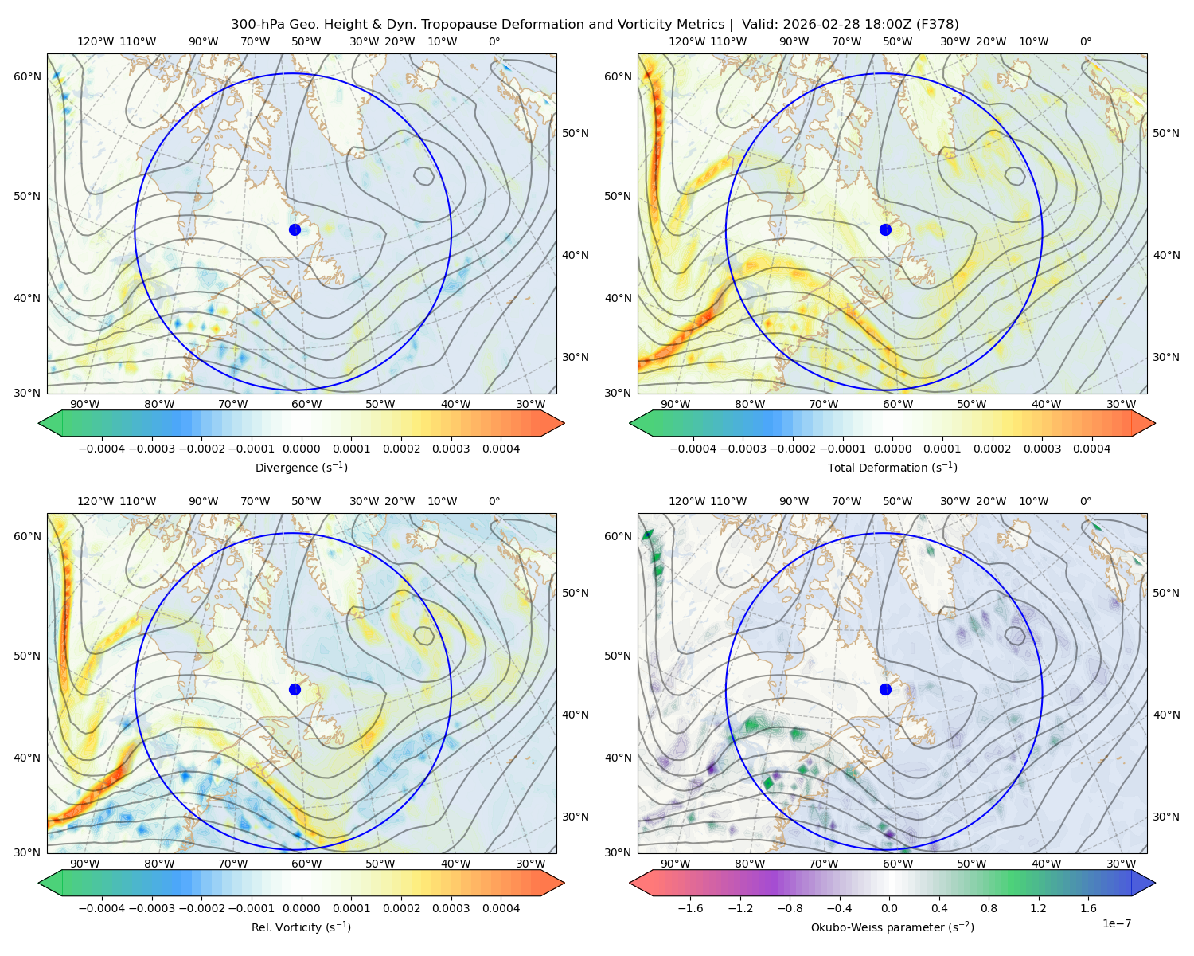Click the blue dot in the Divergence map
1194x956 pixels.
pos(295,230)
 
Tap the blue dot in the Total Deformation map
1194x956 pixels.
pos(885,230)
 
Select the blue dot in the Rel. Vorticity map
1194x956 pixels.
pos(295,689)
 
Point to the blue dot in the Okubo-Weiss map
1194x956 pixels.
pos(885,689)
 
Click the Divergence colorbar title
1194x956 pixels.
pos(301,468)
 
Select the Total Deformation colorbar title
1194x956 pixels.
pos(892,468)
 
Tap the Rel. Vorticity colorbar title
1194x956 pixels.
pos(301,927)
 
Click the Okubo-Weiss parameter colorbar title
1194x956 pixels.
pos(892,927)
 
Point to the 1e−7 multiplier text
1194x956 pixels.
pos(1116,923)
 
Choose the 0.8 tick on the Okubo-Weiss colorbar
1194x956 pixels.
pos(989,908)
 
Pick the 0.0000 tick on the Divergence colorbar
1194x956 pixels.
pos(301,449)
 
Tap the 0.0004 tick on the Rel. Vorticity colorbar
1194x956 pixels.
pos(501,908)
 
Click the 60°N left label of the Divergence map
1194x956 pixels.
pos(27,76)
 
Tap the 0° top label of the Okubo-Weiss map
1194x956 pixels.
pos(1085,501)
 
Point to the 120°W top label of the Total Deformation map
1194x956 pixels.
pos(687,41)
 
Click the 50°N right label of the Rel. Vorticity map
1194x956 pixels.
pos(576,593)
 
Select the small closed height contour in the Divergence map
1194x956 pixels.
pos(424,176)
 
